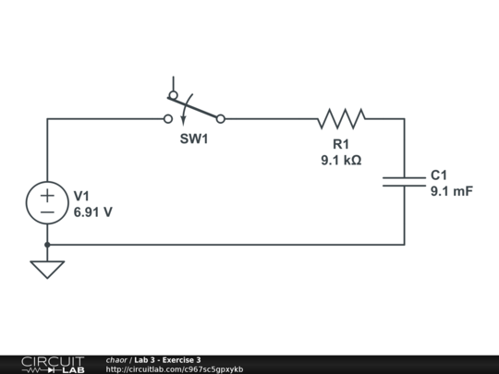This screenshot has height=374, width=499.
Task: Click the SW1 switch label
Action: tap(194, 140)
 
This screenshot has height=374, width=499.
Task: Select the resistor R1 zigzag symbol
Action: tap(341, 118)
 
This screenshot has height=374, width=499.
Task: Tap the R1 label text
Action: tap(341, 144)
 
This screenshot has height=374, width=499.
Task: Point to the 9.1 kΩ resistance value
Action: tap(341, 160)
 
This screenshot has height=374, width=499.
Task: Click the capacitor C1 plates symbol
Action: tap(404, 182)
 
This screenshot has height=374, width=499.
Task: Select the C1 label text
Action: tap(439, 175)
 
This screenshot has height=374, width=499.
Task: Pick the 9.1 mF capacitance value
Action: tap(451, 191)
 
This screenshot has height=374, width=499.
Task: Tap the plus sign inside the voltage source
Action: tap(47, 196)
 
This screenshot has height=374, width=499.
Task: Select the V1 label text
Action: tap(81, 196)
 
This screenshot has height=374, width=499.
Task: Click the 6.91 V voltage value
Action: tap(92, 211)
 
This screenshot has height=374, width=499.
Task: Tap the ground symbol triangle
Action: tap(47, 269)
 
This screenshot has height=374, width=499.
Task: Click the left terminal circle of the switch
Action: tap(167, 118)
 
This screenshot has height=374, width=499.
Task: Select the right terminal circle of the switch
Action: tap(220, 118)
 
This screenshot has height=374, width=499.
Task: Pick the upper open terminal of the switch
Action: tap(173, 94)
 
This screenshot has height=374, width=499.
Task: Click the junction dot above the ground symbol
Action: tap(47, 245)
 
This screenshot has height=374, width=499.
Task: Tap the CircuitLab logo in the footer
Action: tap(52, 364)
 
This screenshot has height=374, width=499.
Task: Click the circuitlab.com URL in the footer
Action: tap(174, 369)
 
